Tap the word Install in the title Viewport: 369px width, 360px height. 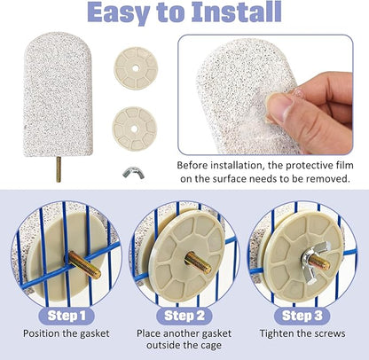[237, 12]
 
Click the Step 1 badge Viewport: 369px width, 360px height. [67, 316]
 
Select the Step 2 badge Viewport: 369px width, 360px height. [184, 316]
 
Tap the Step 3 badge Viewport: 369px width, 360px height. [302, 316]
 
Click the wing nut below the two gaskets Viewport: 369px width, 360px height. [134, 172]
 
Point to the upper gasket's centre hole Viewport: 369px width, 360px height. [136, 68]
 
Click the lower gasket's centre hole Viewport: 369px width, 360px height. [134, 129]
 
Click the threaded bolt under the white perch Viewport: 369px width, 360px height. [59, 169]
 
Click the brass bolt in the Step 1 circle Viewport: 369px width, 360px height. [84, 265]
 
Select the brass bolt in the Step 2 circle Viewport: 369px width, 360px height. [198, 262]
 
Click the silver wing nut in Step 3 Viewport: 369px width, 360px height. [314, 262]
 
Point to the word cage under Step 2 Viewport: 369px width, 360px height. [210, 345]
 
